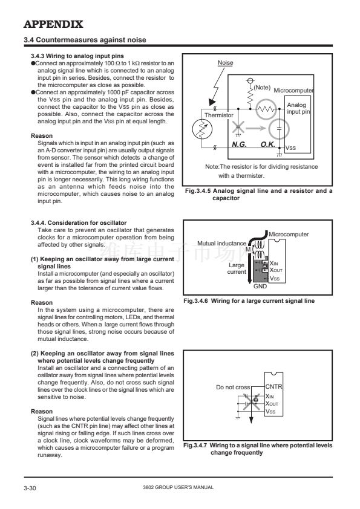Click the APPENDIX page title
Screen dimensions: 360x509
click(53, 24)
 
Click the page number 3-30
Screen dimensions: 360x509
click(30, 488)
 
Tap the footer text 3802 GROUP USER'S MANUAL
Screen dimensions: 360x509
click(178, 487)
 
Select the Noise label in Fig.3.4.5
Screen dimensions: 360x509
click(225, 63)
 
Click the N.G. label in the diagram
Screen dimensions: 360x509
click(239, 144)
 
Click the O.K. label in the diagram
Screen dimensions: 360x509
click(268, 144)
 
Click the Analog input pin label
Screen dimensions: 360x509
click(298, 108)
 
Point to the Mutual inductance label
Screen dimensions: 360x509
click(222, 243)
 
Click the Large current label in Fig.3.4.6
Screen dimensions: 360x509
click(237, 268)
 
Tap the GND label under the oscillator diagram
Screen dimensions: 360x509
click(260, 287)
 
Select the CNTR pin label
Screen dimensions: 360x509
click(274, 387)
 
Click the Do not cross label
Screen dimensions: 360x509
click(233, 387)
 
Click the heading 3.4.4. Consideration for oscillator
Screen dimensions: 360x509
click(79, 222)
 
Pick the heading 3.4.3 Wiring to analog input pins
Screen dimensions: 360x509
click(77, 56)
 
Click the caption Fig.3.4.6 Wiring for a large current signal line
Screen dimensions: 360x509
click(249, 301)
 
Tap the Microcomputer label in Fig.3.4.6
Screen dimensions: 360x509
click(289, 234)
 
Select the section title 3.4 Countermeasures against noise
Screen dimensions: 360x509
click(85, 40)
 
